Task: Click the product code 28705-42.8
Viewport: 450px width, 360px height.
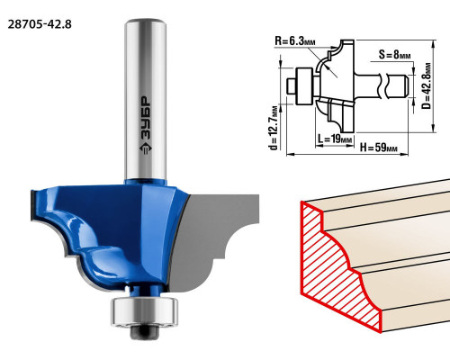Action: (x=40, y=24)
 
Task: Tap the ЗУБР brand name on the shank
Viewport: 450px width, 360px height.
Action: (x=146, y=118)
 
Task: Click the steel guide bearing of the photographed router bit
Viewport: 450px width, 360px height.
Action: (x=144, y=311)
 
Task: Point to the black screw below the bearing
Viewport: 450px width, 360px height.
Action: (x=144, y=332)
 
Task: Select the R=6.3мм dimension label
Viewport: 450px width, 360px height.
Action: (x=295, y=41)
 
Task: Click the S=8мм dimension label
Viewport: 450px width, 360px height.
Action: (x=394, y=55)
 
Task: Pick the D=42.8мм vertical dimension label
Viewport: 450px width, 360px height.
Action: (x=427, y=85)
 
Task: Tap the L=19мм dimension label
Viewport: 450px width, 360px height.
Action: (x=335, y=139)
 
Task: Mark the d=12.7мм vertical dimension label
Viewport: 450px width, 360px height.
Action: (x=274, y=128)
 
